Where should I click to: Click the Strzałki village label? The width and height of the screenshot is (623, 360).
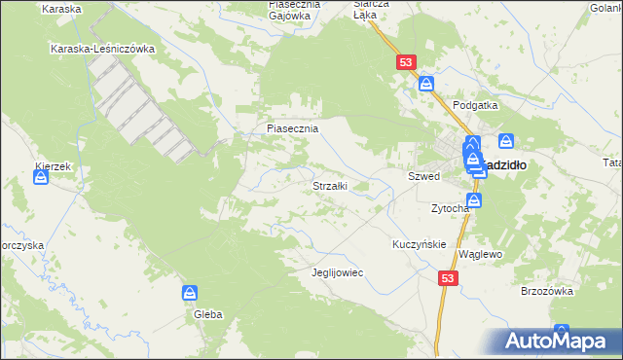coord(329,185)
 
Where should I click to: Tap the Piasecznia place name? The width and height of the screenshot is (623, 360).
coord(293,127)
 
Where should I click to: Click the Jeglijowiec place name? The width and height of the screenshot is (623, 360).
coord(336,272)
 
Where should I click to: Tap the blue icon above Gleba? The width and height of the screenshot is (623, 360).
coord(190,292)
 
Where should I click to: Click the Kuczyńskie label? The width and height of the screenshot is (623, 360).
coord(419,243)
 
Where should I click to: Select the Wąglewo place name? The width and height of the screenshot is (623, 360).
coord(479,253)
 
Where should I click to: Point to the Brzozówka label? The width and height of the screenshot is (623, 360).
coord(546,290)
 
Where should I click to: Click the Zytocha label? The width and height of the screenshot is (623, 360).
coord(451,208)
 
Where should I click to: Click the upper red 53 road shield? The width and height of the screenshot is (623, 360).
coord(406,62)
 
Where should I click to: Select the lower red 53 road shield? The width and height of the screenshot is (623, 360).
coord(448,278)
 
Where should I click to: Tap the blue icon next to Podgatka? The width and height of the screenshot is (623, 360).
coord(426,85)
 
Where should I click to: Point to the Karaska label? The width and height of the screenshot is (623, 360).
coord(61,7)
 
